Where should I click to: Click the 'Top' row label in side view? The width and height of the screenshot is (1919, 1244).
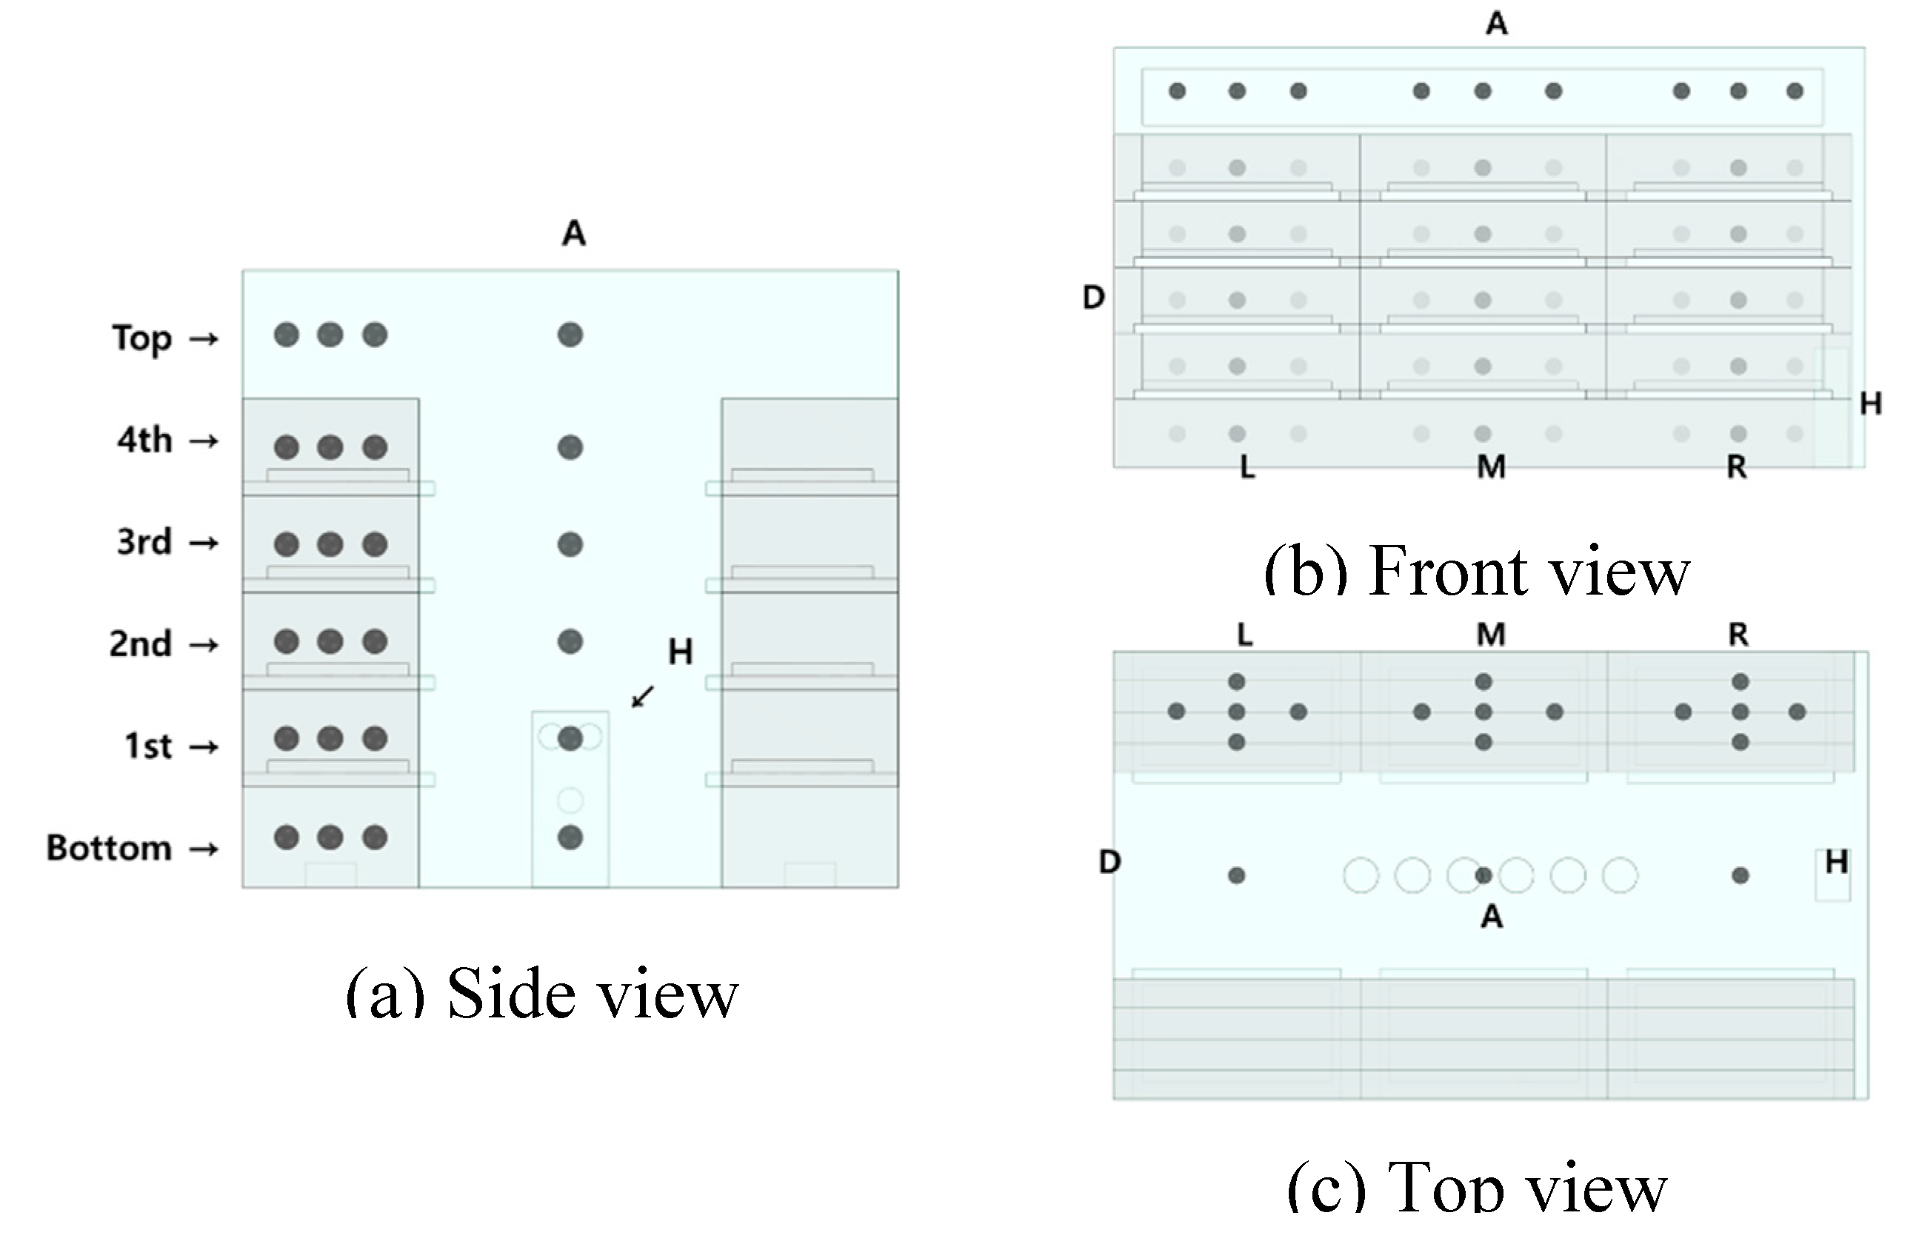click(142, 338)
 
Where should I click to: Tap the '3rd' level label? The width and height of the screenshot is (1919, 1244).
click(144, 542)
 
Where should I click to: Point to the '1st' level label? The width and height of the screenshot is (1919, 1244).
click(148, 746)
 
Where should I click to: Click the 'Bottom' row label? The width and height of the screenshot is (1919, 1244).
click(109, 848)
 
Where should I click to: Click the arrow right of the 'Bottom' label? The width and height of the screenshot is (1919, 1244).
click(203, 849)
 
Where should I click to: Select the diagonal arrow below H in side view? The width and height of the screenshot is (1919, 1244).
click(643, 696)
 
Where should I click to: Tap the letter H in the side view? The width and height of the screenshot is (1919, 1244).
click(681, 652)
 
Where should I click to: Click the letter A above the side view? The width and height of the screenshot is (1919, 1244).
click(573, 234)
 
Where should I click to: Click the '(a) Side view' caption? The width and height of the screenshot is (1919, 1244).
click(542, 992)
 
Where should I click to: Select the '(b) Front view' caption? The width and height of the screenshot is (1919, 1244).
click(1476, 571)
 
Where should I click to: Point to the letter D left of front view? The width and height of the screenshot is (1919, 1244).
click(1093, 298)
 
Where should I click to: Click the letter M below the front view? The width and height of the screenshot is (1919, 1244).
click(1491, 466)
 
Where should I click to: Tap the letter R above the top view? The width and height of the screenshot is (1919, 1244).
click(1738, 635)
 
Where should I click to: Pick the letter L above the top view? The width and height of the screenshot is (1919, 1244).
click(1245, 635)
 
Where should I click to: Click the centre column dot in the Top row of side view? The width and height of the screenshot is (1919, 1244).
click(570, 335)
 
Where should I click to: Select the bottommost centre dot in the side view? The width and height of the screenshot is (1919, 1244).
click(570, 837)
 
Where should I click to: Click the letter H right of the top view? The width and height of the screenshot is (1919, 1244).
click(1837, 863)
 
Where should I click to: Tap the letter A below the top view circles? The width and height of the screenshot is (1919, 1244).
click(1492, 917)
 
